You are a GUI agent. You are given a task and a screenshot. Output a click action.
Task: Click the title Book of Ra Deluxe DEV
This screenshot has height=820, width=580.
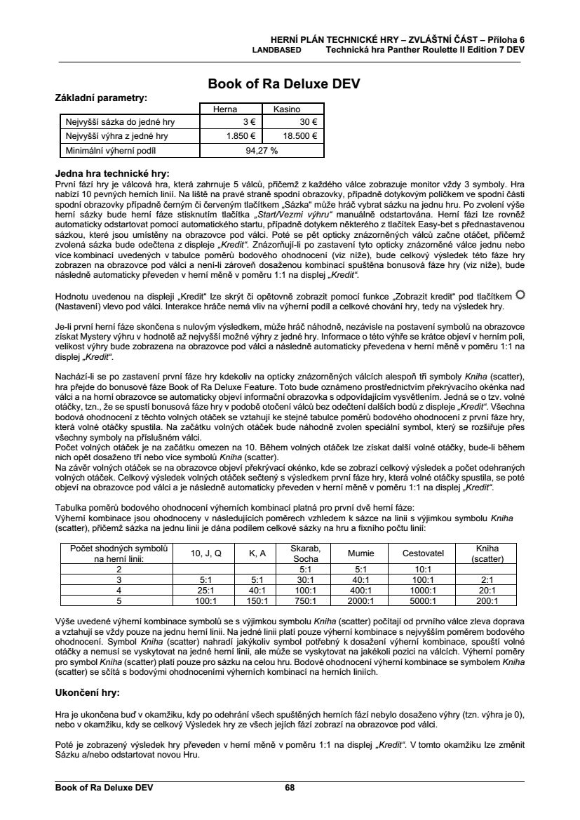pyautogui.click(x=284, y=84)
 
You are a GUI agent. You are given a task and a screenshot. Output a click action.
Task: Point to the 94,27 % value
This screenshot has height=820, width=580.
pyautogui.click(x=262, y=150)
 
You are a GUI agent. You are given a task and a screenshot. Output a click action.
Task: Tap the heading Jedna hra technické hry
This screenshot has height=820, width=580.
pyautogui.click(x=112, y=172)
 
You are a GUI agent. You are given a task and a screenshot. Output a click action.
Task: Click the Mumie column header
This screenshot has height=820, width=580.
pyautogui.click(x=361, y=553)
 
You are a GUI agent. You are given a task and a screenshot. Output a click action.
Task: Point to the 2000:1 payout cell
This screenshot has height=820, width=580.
pyautogui.click(x=361, y=600)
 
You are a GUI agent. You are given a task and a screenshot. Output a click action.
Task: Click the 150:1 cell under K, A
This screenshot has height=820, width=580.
pyautogui.click(x=257, y=600)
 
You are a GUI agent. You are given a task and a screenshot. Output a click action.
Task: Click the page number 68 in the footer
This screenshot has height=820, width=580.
pyautogui.click(x=290, y=787)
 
